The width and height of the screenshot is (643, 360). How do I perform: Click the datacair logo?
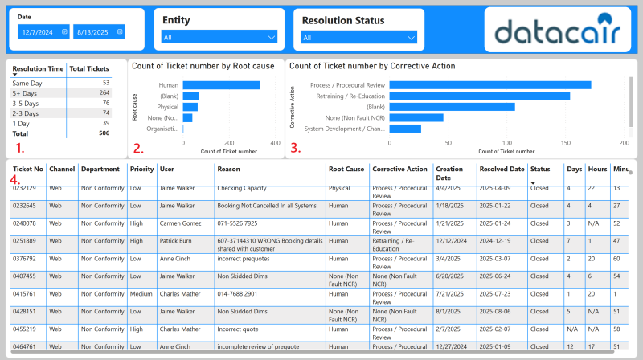(557, 31)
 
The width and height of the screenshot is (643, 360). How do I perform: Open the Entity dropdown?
(219, 37)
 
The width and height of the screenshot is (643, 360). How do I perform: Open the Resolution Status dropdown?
(358, 37)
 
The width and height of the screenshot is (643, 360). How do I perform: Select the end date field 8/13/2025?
(99, 31)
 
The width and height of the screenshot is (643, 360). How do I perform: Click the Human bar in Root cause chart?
(221, 84)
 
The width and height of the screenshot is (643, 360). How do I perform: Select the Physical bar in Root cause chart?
(190, 107)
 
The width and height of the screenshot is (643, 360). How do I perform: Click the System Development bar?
(405, 128)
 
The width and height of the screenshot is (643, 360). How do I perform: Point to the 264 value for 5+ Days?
(103, 93)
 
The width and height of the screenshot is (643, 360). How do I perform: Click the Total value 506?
(103, 133)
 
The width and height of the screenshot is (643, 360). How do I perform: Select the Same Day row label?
(27, 83)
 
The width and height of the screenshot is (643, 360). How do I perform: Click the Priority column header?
(141, 170)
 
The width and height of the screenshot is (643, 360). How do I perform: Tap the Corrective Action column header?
(399, 170)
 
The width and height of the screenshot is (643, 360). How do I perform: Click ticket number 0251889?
(24, 240)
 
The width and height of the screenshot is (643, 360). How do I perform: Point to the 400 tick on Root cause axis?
(276, 143)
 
